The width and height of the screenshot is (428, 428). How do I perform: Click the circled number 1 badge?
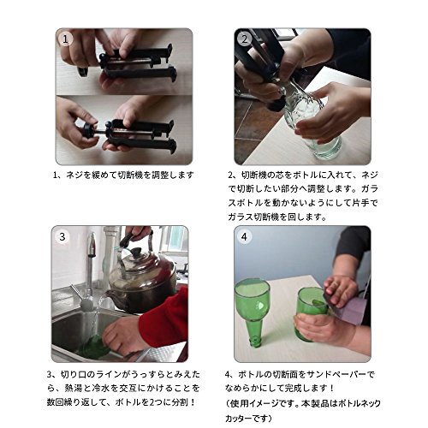click(x=66, y=39)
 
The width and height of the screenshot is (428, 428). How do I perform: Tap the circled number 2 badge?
click(x=244, y=39)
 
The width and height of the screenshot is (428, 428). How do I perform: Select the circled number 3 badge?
click(x=62, y=237)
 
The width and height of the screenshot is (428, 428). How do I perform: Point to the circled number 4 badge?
click(x=244, y=237)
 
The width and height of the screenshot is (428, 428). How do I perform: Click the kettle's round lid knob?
click(x=135, y=251)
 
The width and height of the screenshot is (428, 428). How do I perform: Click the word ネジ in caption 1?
click(x=74, y=175)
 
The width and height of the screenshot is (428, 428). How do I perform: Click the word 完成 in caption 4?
click(x=292, y=388)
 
